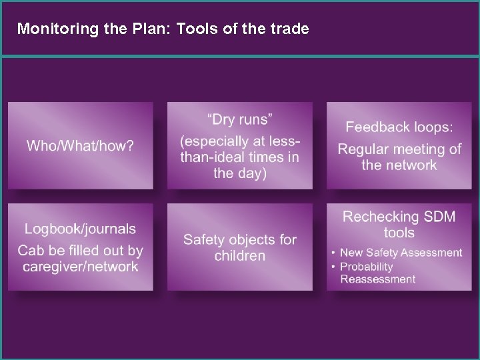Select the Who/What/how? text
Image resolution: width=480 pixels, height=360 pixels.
[80, 146]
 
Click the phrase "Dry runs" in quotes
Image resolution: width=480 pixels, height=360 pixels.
[240, 120]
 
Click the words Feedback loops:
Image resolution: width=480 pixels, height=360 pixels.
[399, 127]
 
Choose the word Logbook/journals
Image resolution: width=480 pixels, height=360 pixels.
[80, 229]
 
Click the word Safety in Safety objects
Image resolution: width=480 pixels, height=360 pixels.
[205, 239]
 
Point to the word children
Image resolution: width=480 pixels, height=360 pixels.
[240, 256]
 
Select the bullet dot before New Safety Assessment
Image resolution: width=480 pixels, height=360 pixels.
[333, 253]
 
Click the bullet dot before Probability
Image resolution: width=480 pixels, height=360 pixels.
[333, 267]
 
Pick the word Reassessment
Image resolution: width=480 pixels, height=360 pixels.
[378, 279]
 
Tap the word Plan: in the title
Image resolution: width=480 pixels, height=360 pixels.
[138, 29]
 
